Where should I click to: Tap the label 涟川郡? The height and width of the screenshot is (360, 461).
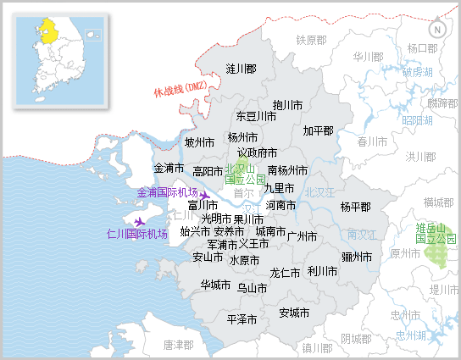click(242, 69)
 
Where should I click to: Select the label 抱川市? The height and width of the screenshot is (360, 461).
click(288, 105)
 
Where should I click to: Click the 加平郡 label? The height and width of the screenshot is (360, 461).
click(318, 131)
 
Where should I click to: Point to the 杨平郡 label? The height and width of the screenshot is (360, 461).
click(355, 207)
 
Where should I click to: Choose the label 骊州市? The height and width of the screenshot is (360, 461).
click(356, 257)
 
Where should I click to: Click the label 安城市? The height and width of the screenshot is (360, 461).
click(294, 312)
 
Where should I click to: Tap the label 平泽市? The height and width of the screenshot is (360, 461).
click(242, 320)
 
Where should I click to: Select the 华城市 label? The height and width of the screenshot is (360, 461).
click(216, 285)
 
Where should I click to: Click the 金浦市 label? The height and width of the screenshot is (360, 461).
click(169, 168)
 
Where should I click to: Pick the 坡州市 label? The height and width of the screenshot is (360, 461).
click(199, 142)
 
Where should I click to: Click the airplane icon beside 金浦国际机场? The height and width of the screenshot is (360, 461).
click(204, 196)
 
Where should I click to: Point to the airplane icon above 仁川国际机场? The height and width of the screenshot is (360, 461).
click(140, 222)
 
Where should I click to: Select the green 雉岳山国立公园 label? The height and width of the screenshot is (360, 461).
click(436, 234)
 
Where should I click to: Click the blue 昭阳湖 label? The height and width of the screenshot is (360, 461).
click(417, 120)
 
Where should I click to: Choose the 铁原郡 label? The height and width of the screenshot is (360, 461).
click(311, 40)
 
